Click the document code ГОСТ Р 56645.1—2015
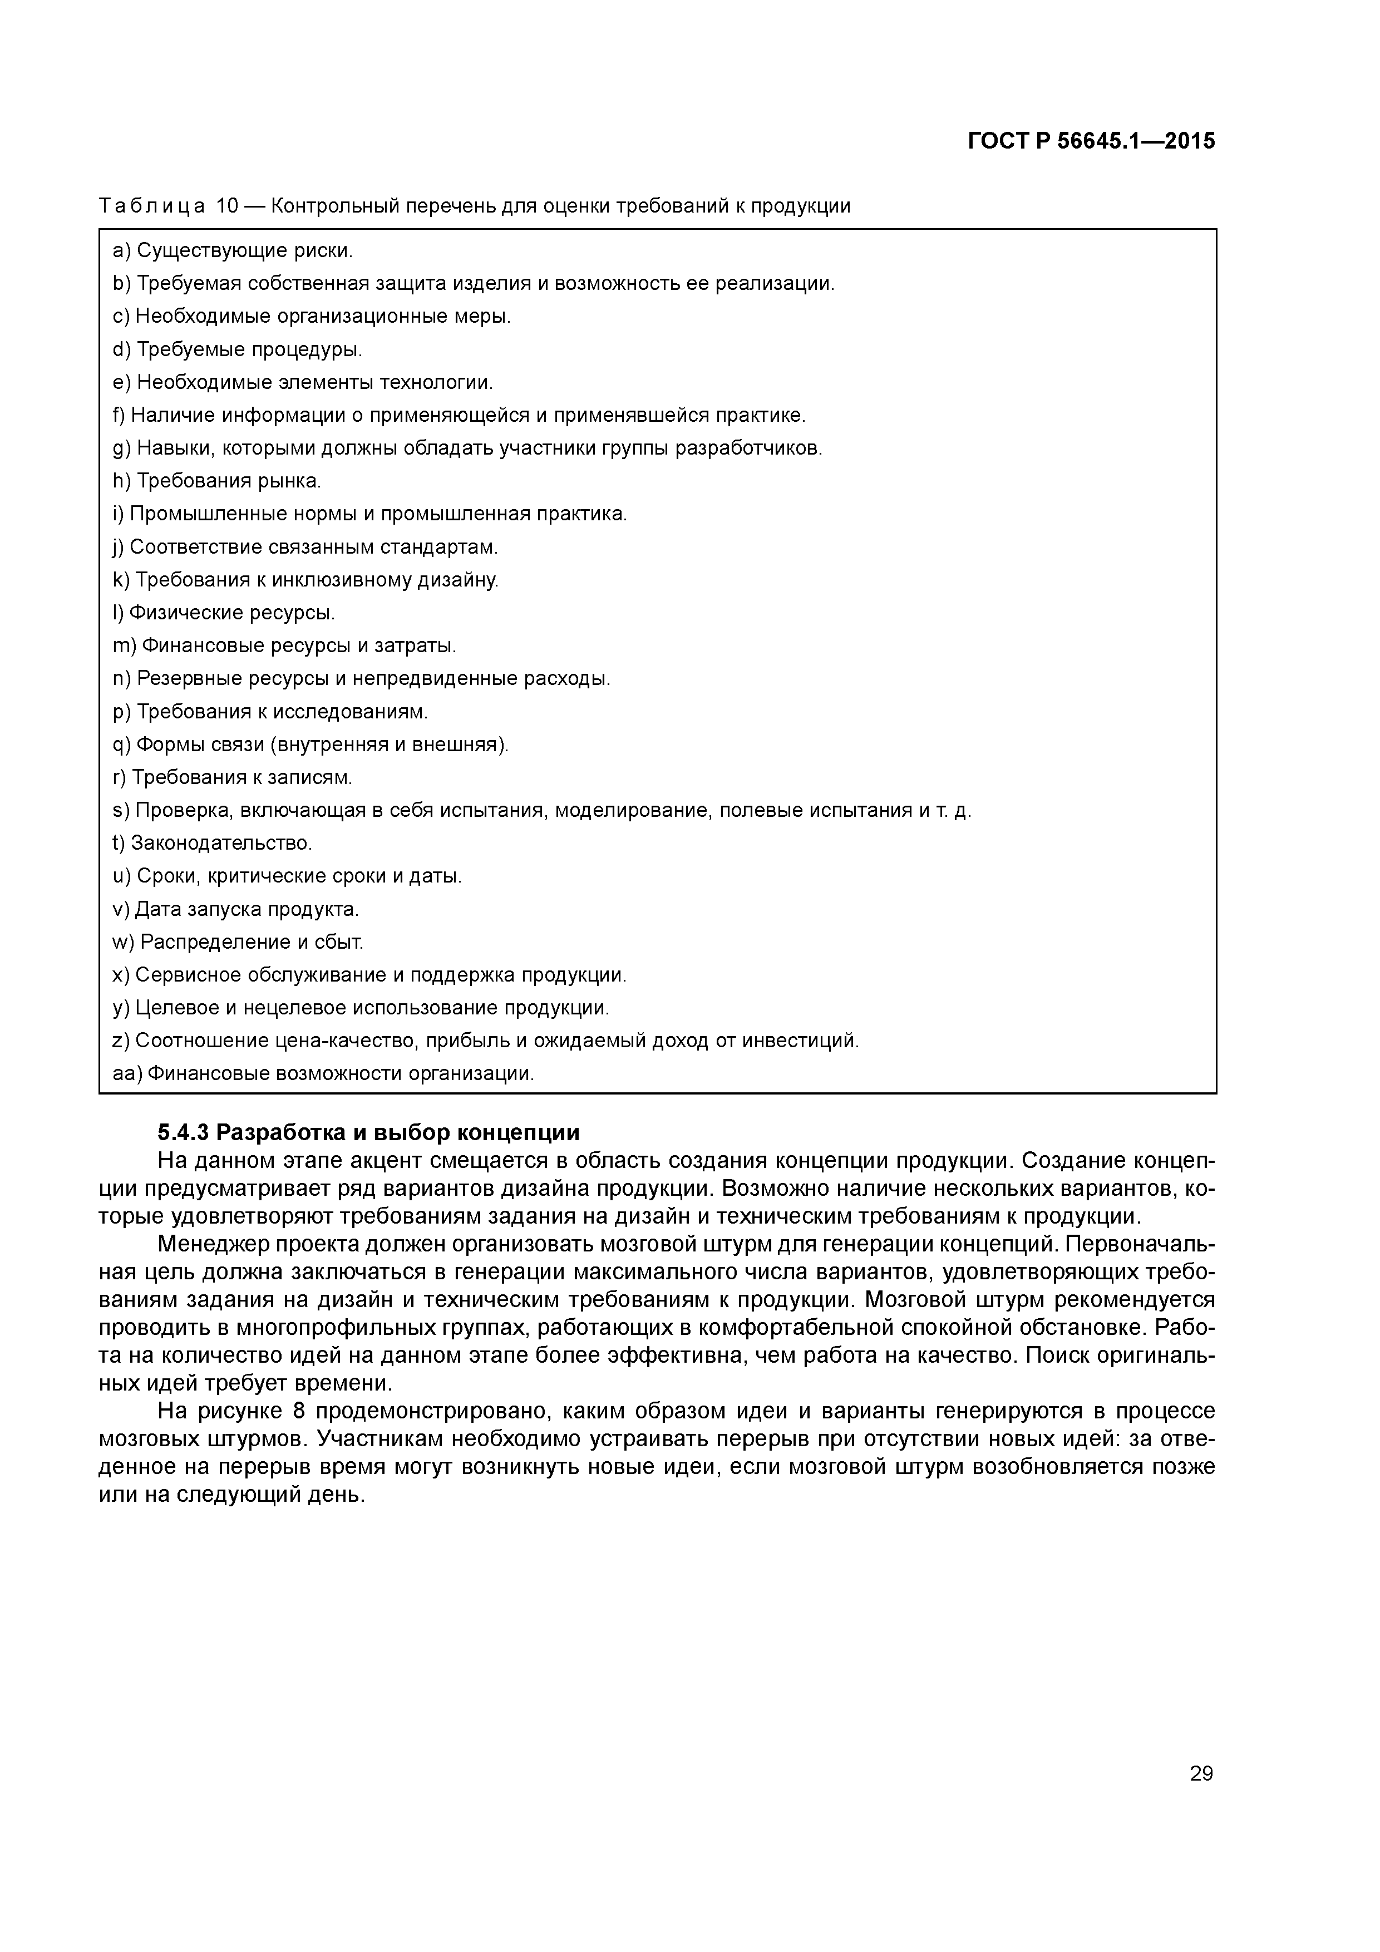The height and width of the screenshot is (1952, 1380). pyautogui.click(x=1091, y=141)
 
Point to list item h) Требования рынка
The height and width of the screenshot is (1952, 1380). pyautogui.click(x=217, y=481)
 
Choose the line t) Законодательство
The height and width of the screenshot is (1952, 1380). pyautogui.click(x=213, y=844)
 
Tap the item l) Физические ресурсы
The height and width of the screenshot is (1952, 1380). pyautogui.click(x=224, y=613)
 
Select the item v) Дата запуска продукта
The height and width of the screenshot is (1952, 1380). pyautogui.click(x=235, y=910)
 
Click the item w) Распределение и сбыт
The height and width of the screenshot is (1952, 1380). pyautogui.click(x=238, y=942)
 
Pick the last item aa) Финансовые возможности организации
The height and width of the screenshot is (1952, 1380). pyautogui.click(x=323, y=1074)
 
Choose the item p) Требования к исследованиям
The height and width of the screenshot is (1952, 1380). pyautogui.click(x=270, y=712)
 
